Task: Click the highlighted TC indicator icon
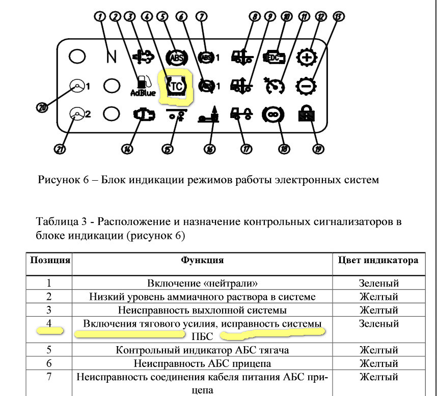[176, 87]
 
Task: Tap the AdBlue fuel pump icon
[143, 86]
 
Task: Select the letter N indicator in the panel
[112, 56]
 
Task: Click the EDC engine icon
[275, 58]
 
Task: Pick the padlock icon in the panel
[306, 114]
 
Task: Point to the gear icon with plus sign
[307, 58]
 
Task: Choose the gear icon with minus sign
[306, 86]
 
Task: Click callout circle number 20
[42, 107]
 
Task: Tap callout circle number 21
[60, 149]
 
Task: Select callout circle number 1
[100, 17]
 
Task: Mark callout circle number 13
[339, 16]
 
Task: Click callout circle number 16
[210, 149]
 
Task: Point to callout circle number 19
[318, 149]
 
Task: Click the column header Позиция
[50, 260]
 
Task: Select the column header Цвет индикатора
[378, 260]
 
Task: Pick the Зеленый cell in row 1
[378, 283]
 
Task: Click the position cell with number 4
[49, 323]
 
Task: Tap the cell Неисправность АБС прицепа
[202, 363]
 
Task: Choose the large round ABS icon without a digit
[177, 58]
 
